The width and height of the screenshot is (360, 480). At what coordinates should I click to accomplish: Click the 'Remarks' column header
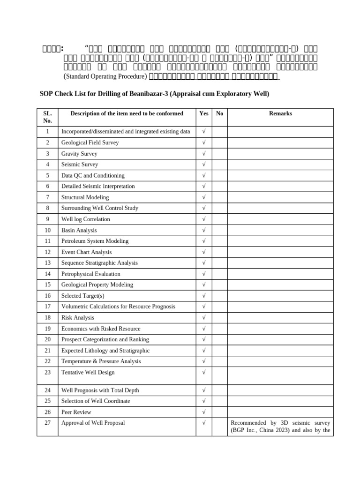point(280,113)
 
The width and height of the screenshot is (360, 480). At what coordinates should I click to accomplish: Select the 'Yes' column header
point(204,113)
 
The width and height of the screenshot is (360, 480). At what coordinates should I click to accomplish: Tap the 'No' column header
point(219,113)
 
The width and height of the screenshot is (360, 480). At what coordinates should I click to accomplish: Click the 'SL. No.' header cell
point(47,117)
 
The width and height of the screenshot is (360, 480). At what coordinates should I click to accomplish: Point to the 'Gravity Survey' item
point(79,153)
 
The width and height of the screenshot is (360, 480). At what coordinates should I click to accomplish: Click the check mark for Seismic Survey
point(204,165)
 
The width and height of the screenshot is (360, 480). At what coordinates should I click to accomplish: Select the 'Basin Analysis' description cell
point(79,230)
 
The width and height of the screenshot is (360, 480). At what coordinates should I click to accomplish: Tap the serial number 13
point(47,263)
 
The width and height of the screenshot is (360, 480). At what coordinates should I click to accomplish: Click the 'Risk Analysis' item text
point(78,318)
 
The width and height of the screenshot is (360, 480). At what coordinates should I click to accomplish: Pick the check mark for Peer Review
point(204,412)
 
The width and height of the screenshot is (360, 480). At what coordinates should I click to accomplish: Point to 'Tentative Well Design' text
point(88,372)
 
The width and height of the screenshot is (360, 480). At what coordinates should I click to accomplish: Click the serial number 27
point(47,423)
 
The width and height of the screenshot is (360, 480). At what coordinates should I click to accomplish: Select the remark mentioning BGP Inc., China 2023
point(280,427)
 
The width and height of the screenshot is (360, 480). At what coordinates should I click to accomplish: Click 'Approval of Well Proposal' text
point(93,423)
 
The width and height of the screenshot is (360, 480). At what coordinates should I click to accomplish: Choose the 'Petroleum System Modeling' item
point(95,241)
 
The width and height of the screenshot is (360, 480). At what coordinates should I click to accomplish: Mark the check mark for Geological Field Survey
point(204,142)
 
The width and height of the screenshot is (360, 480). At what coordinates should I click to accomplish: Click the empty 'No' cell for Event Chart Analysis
point(219,252)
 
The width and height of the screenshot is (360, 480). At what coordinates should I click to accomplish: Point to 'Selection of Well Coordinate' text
point(96,401)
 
